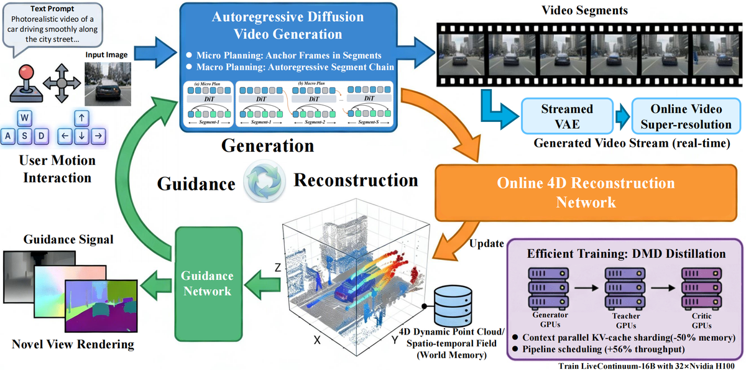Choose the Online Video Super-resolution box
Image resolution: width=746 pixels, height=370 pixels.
tap(682, 116)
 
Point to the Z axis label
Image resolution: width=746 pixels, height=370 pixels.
tap(277, 268)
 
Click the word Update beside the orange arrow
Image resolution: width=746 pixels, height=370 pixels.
tap(487, 243)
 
